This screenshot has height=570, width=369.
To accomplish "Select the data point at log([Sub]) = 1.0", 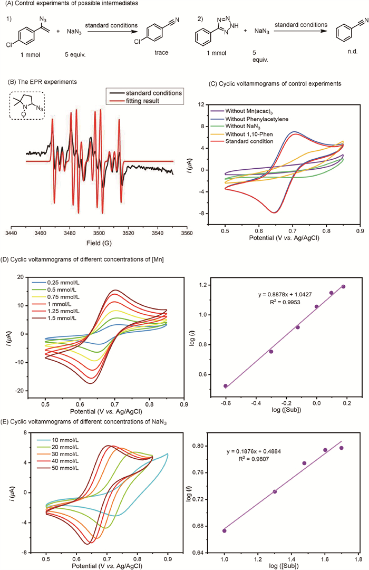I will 225,530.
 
